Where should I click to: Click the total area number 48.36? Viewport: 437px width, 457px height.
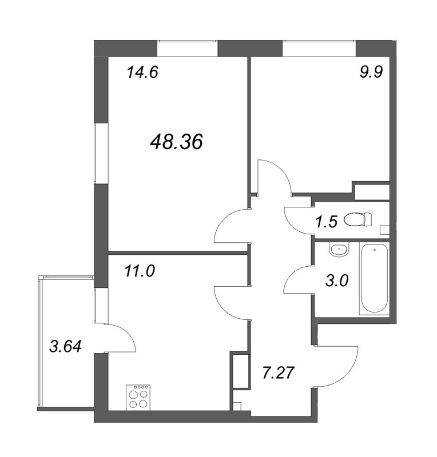point(176,142)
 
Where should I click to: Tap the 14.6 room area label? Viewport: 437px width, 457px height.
point(142,72)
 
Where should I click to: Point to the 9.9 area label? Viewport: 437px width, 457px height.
point(371,72)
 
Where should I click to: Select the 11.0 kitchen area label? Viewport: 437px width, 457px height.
point(140,271)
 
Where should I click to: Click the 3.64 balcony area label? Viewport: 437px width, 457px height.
point(65,347)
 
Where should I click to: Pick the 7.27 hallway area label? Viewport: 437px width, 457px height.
point(279,373)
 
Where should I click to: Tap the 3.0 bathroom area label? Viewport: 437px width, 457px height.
point(337,281)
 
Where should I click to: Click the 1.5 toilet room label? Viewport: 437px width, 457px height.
point(327,222)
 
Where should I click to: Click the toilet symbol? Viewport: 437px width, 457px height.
point(358,219)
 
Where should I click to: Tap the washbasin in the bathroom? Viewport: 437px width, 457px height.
point(339,250)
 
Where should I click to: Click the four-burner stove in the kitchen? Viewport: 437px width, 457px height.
point(138,397)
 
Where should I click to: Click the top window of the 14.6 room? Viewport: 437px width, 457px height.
point(188,49)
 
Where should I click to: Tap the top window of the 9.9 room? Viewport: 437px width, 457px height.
point(319,49)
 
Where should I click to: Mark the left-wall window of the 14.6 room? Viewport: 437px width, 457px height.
point(101,153)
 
